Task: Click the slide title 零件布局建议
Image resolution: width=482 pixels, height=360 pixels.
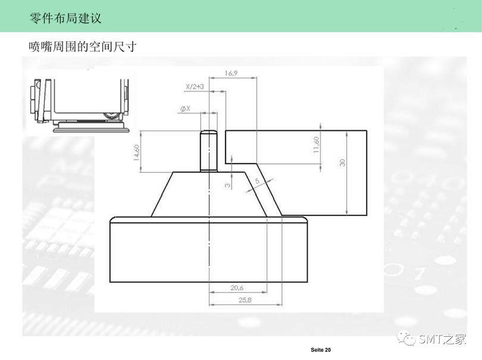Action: [x=65, y=18]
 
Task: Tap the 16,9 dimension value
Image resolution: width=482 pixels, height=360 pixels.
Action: [x=231, y=73]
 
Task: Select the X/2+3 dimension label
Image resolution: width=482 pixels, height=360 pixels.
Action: [x=195, y=87]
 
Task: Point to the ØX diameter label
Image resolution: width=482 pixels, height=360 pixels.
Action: [x=184, y=108]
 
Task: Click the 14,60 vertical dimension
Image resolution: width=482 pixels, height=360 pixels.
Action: [x=136, y=152]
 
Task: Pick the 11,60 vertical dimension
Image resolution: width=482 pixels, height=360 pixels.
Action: [x=317, y=145]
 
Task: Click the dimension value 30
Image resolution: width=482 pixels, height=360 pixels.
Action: [x=343, y=162]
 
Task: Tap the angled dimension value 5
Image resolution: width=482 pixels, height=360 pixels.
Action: [x=257, y=180]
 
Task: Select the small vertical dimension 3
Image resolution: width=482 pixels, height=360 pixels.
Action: [x=227, y=185]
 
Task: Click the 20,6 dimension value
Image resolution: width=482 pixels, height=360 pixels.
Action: [x=237, y=288]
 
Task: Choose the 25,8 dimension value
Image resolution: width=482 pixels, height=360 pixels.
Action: [x=245, y=300]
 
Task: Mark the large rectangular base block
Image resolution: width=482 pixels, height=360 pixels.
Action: [x=209, y=250]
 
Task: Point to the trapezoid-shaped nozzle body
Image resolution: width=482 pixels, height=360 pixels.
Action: [x=208, y=193]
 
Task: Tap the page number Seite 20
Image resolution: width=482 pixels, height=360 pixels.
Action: [x=320, y=349]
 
